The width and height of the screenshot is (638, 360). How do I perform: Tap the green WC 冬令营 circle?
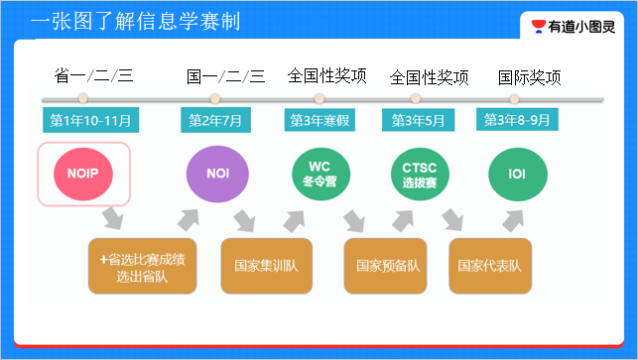319,174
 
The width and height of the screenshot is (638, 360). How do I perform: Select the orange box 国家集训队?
265,266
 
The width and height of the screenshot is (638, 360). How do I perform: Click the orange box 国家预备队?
388,266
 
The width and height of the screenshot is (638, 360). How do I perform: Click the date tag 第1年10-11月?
91,120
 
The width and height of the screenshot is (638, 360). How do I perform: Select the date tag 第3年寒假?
319,120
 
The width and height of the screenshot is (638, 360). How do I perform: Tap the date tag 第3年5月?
418,120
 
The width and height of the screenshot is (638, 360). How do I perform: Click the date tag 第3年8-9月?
517,120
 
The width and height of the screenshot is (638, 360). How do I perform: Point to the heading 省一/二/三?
93,76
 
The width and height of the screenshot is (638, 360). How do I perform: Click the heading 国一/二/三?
226,76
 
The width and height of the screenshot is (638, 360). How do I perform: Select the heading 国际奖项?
529,77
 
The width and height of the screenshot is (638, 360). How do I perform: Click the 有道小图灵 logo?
575,27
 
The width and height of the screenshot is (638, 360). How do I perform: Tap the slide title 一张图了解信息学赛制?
135,22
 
